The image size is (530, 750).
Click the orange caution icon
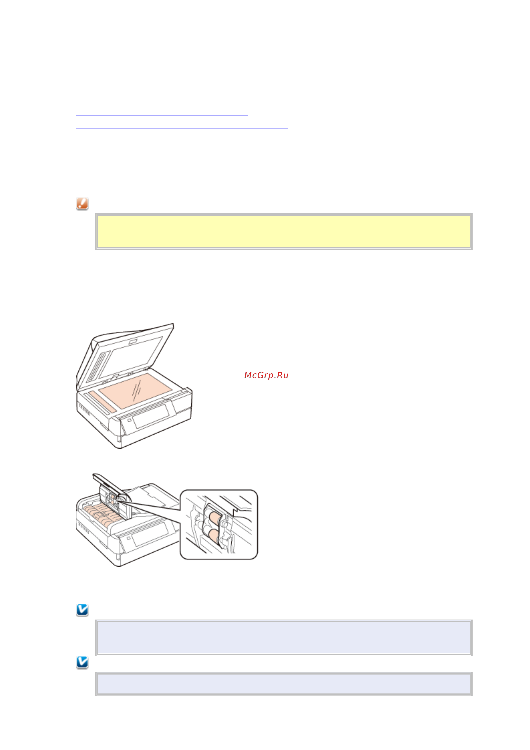coord(82,203)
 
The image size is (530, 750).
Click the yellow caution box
coord(283,231)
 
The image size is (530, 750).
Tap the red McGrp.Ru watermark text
coord(266,375)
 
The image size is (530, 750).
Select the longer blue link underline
coord(182,128)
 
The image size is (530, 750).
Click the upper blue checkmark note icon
coord(82,610)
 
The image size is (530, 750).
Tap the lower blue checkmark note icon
coord(82,663)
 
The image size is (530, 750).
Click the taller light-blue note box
coord(283,638)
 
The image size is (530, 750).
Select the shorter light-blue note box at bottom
coord(283,684)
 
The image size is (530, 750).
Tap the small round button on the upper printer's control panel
coord(129,420)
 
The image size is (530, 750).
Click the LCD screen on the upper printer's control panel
coord(151,415)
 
